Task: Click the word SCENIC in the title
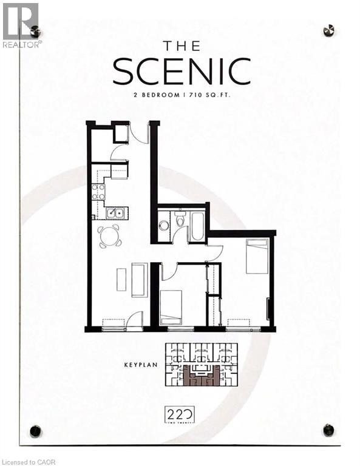pyautogui.click(x=182, y=72)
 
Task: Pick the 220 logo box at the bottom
pyautogui.click(x=180, y=416)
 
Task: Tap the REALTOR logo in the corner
pyautogui.click(x=21, y=25)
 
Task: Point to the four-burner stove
pyautogui.click(x=98, y=192)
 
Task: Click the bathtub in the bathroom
pyautogui.click(x=197, y=225)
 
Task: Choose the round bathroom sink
pyautogui.click(x=163, y=225)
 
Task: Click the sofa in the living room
pyautogui.click(x=139, y=280)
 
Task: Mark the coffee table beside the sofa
pyautogui.click(x=121, y=279)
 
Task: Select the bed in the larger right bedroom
pyautogui.click(x=257, y=255)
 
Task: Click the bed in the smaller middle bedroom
pyautogui.click(x=171, y=306)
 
